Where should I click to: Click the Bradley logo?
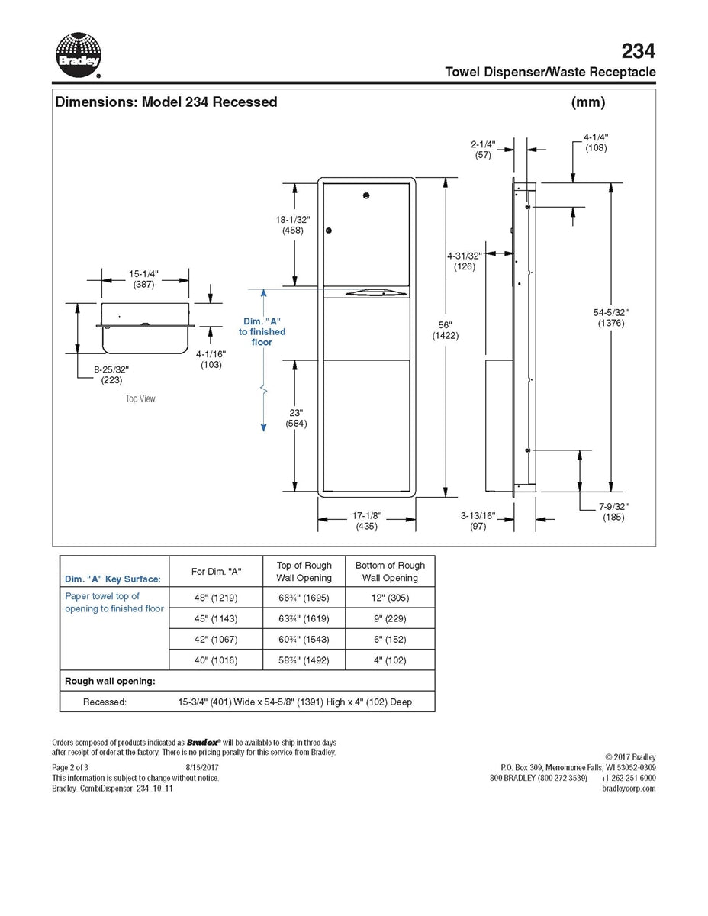click(x=79, y=55)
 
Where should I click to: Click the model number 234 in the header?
click(x=638, y=51)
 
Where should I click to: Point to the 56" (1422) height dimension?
click(x=445, y=331)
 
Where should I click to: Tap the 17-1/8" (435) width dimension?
click(x=366, y=521)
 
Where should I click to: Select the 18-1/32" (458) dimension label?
click(x=292, y=224)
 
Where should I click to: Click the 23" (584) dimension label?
click(x=296, y=418)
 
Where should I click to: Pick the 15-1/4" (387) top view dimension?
click(x=143, y=279)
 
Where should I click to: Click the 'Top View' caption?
click(x=140, y=398)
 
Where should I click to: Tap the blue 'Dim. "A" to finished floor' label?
click(x=262, y=332)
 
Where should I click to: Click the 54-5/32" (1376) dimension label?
click(x=610, y=318)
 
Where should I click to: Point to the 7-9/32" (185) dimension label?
click(x=613, y=511)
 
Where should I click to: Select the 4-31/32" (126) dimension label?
click(x=464, y=261)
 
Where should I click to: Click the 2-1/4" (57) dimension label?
click(x=483, y=149)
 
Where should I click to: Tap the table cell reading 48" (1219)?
click(x=216, y=598)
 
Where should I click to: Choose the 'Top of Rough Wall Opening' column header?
click(x=304, y=571)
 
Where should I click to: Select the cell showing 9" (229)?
click(x=390, y=618)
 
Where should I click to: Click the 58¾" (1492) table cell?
click(x=304, y=660)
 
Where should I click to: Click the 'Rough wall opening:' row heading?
click(x=110, y=681)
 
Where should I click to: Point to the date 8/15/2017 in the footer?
click(x=201, y=767)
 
